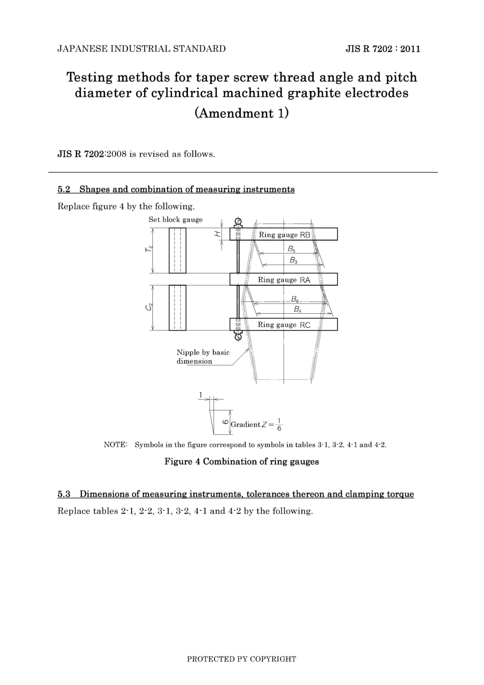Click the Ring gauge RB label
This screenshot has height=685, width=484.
[284, 235]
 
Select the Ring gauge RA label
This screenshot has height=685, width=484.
[284, 280]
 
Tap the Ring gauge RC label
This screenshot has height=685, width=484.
[284, 325]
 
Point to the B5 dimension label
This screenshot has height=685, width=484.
[291, 249]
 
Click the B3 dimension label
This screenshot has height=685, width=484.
[293, 260]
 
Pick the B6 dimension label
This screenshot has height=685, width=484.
[295, 299]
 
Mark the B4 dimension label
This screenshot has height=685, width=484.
[297, 309]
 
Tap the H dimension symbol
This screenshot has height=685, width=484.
[217, 234]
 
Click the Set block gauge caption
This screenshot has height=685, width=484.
[175, 220]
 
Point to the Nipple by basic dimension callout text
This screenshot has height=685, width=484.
[202, 357]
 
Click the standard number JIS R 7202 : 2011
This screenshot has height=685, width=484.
[383, 49]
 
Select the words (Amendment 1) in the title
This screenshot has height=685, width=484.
[241, 113]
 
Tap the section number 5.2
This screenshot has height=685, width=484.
[64, 189]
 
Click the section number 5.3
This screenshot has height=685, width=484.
[64, 494]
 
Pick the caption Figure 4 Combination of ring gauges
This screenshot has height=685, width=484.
[241, 461]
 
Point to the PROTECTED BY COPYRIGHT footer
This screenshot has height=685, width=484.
[241, 659]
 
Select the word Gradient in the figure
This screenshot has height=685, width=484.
[246, 424]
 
